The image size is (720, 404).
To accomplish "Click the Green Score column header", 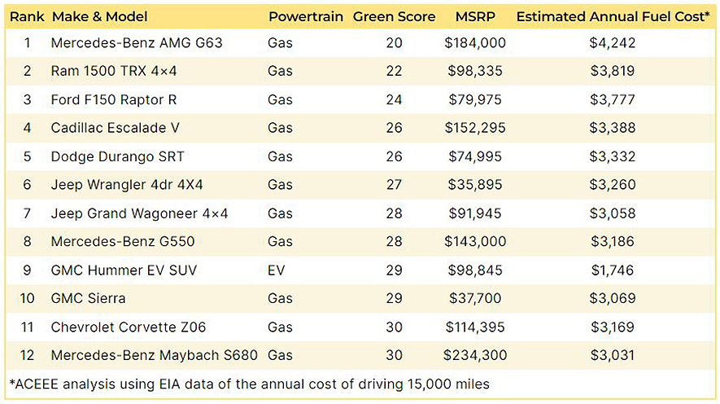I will coord(394,16).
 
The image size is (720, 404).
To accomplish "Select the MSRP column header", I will coord(474,16).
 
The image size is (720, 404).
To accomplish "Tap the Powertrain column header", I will coord(306,16).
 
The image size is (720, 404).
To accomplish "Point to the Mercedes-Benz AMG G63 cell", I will coord(137,43).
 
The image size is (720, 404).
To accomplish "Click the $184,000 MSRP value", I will coord(474,43).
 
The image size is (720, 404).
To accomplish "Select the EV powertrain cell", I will coord(276,270).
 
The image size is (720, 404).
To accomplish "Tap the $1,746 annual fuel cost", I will coord(613,270).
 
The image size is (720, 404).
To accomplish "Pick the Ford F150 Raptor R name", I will coord(113,100).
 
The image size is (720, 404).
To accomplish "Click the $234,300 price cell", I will coord(474,355).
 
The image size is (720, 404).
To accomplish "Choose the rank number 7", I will coord(27,213).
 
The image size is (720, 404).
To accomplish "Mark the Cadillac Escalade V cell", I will coord(115,128).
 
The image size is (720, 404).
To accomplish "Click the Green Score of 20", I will coord(394,43).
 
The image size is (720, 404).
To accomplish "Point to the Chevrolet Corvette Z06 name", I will coord(128,327).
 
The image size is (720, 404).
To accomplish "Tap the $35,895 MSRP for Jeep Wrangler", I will coord(474,185).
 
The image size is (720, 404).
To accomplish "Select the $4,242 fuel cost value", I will coord(613,43).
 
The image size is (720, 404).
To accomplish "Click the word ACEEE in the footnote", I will coord(37,383).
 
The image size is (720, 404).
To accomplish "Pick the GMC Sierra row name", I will coord(88,298).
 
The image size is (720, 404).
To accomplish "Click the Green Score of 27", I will coord(394,185).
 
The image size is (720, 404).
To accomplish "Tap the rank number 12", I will coord(27,355).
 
